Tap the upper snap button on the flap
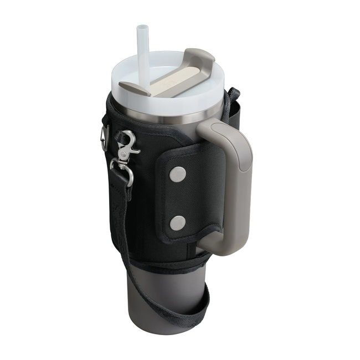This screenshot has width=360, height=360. point(177,175)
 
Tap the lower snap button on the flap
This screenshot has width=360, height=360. point(177,223)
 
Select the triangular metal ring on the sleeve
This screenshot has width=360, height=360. point(105,138)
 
